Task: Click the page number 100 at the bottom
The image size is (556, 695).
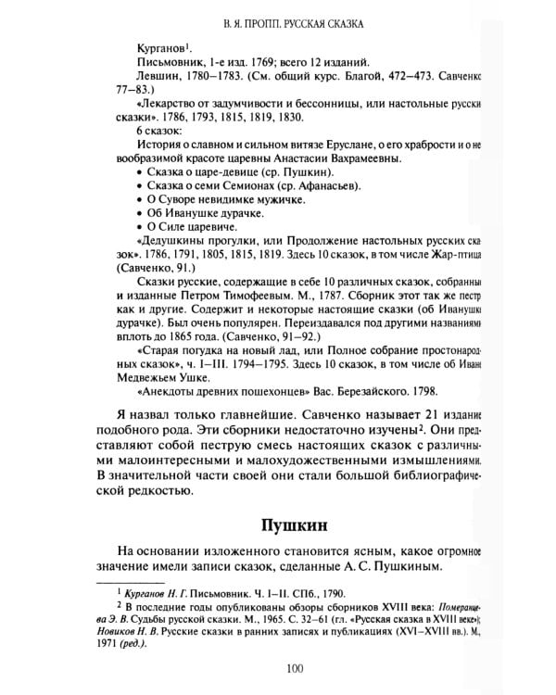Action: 295,670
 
